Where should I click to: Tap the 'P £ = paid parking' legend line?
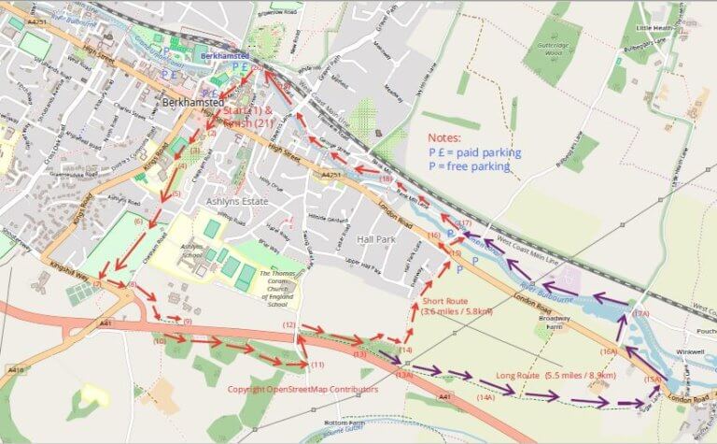point(474,152)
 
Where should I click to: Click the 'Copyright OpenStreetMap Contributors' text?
point(302,389)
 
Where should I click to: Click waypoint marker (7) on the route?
point(97,284)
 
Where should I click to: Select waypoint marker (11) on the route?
point(317,364)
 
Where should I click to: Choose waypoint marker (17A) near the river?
point(640,314)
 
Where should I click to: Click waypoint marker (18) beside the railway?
point(387,178)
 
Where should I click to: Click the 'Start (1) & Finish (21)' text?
point(247,117)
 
